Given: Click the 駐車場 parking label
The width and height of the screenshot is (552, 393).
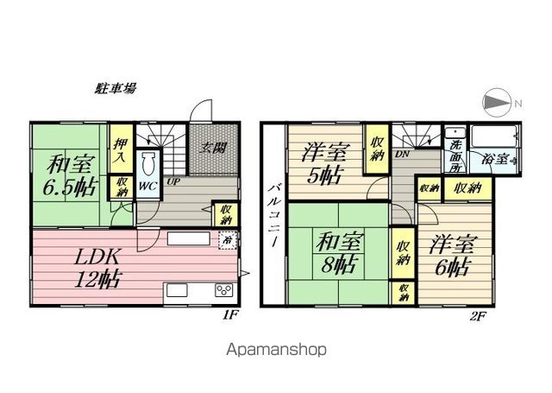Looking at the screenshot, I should click(x=115, y=89).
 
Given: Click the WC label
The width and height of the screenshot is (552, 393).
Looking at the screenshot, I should click(x=147, y=187).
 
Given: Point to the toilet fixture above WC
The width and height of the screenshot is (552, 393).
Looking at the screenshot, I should click(x=147, y=164).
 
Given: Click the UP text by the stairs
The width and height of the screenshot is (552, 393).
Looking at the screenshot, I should click(x=172, y=182).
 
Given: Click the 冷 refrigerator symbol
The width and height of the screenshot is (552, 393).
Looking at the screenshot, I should click(x=228, y=240).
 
